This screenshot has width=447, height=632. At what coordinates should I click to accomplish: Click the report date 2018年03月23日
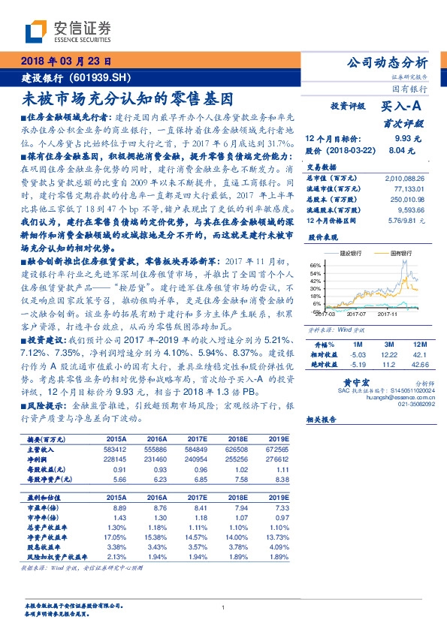[x=67, y=62]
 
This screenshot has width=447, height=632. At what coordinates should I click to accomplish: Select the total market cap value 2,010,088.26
[x=404, y=179]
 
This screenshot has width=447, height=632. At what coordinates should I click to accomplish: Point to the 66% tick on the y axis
[x=316, y=265]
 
